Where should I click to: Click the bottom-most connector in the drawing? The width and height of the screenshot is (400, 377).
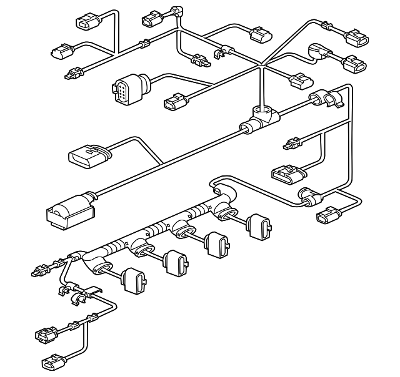51,361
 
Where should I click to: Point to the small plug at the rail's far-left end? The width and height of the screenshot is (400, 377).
39,272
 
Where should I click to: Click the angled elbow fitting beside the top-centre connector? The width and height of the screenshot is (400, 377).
178,11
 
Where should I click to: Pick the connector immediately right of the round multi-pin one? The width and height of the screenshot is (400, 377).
174,102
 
